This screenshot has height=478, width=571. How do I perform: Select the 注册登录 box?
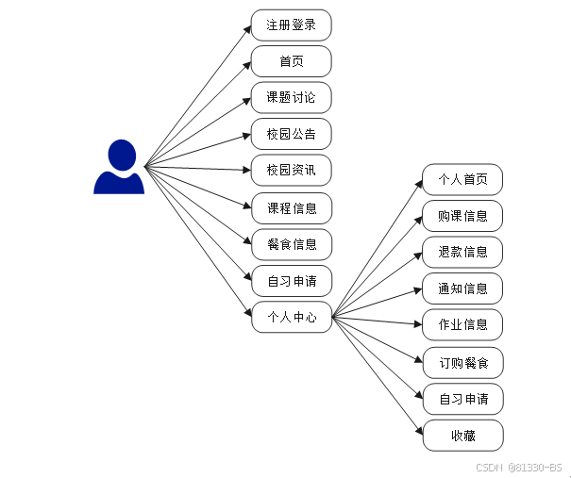291,25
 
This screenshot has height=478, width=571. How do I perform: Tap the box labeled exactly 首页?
291,61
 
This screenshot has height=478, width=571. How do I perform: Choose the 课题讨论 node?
291,98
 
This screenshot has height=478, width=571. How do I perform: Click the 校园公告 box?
291,134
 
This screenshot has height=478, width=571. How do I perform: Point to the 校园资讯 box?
291,171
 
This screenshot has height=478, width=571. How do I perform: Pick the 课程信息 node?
291,207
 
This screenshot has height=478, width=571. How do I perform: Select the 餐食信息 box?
291,244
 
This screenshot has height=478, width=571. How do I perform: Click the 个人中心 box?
291,317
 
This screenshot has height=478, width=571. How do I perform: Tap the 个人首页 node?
462,179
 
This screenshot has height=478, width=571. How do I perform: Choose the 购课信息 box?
462,215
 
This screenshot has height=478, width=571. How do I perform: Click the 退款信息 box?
462,252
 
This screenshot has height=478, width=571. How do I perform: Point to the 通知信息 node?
462,288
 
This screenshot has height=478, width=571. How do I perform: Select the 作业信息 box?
462,324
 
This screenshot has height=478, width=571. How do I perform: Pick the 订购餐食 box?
462,362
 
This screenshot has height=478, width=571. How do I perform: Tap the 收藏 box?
462,435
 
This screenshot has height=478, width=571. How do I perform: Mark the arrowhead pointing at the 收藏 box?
418,432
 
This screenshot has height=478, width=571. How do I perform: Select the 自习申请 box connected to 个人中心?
462,399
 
